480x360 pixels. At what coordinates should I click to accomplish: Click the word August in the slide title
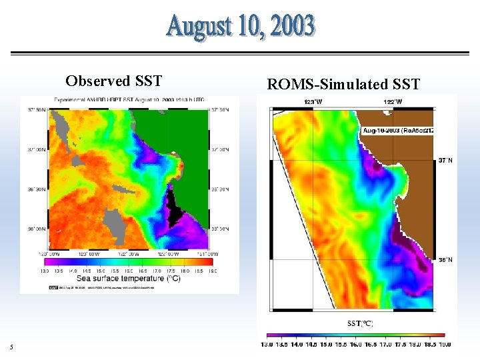[x=198, y=27]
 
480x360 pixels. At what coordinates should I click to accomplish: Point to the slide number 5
[x=11, y=346]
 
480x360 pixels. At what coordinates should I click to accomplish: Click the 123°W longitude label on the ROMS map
[x=313, y=101]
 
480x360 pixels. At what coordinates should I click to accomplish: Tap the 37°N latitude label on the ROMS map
[x=445, y=160]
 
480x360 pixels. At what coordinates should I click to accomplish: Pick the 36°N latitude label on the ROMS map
[x=445, y=260]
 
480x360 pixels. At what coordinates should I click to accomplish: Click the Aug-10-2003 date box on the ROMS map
[x=398, y=131]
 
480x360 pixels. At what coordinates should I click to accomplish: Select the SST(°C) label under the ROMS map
[x=360, y=323]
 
